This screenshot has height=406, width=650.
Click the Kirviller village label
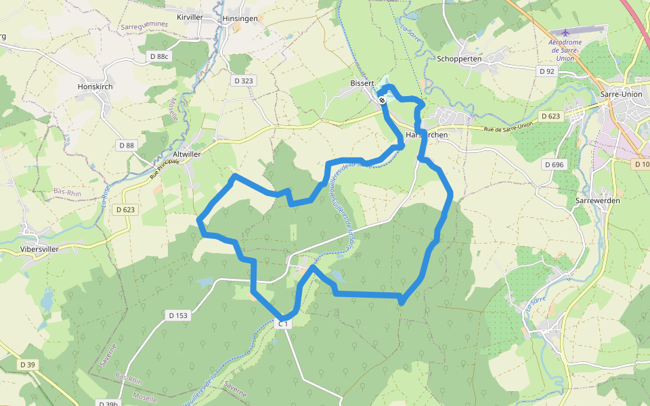(x=189, y=17)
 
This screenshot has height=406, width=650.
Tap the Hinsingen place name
(x=240, y=18)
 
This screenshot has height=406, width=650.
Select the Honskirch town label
(x=95, y=87)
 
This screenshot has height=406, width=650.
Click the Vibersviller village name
(x=39, y=249)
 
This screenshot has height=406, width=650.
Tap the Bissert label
(x=362, y=83)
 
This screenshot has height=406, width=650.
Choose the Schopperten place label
(x=459, y=59)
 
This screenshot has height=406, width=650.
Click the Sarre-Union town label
(x=620, y=94)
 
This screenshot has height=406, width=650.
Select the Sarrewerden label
(x=597, y=201)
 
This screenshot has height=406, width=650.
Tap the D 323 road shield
(x=243, y=81)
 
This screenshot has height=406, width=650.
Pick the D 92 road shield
(x=546, y=70)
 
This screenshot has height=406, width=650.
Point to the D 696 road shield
(x=553, y=164)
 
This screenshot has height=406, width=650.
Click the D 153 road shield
(x=177, y=315)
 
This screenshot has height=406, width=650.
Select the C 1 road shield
(x=284, y=324)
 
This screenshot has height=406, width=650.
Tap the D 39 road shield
(x=27, y=365)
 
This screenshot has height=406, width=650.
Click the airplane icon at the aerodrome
(x=565, y=32)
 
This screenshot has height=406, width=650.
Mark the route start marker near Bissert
(x=383, y=100)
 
